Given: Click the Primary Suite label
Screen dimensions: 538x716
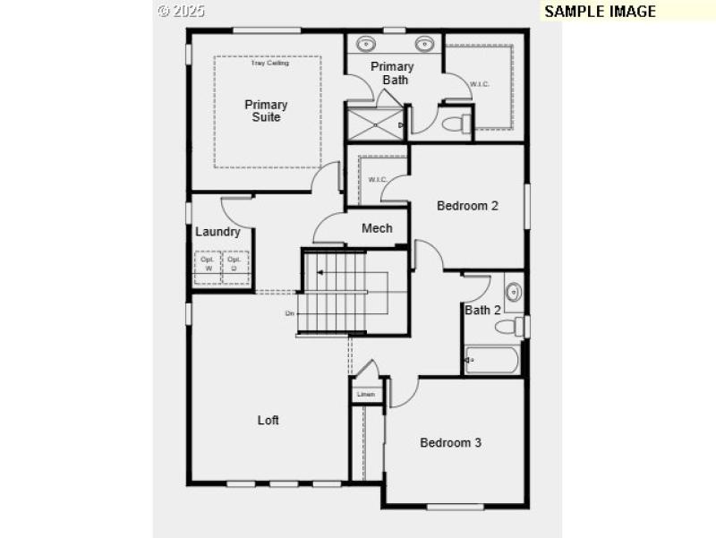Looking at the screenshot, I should click(266, 111).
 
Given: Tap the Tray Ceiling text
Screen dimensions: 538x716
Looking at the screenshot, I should click(268, 63).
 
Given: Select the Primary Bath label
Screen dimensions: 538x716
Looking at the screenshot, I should click(392, 73).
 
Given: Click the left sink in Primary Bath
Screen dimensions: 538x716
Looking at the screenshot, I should click(367, 43).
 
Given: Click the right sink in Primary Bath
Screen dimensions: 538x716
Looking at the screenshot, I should click(423, 43).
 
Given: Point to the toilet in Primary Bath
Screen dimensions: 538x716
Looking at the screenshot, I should click(457, 123).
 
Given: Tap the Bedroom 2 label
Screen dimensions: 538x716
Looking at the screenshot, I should click(467, 206).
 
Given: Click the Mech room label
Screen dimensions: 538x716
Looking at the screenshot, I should click(377, 228).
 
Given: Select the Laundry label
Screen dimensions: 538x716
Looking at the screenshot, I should click(217, 232).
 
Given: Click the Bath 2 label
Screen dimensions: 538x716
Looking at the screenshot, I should click(482, 310).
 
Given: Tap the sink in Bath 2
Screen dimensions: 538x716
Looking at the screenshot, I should click(514, 291).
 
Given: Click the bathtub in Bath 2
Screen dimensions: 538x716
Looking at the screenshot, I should click(491, 360).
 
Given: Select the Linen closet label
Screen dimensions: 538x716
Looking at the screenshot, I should click(365, 394).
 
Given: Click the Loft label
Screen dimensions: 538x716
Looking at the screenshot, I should click(268, 420).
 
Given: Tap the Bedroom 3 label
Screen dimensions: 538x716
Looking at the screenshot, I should click(451, 442).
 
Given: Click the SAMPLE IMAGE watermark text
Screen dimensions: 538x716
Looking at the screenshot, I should click(600, 12).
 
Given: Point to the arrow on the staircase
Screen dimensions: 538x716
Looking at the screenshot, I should click(320, 272).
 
